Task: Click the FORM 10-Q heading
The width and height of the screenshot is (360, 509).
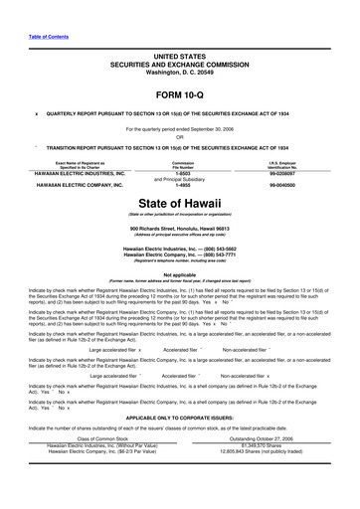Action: point(179,94)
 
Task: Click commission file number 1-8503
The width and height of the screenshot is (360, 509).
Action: point(182,174)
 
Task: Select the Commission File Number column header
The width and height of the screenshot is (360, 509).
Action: point(182,164)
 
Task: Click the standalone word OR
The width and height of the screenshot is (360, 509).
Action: point(180,137)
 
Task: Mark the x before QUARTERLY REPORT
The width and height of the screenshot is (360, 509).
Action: point(36,113)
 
